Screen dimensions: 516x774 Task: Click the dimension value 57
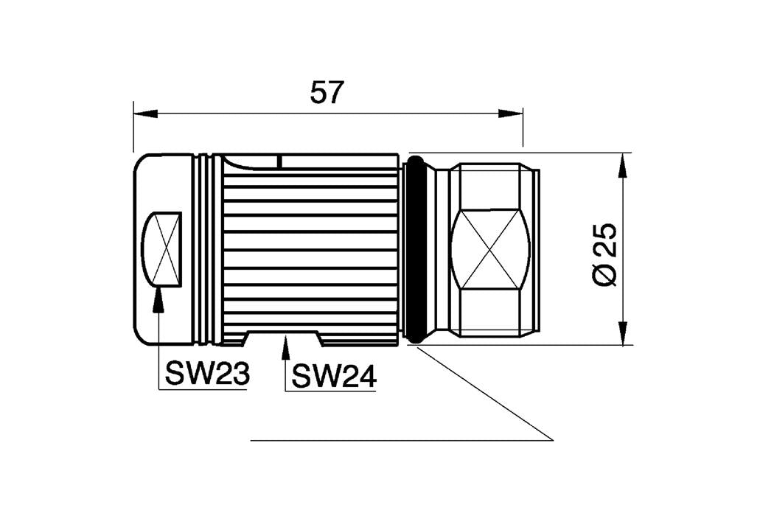point(327,93)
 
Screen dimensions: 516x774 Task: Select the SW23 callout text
point(207,374)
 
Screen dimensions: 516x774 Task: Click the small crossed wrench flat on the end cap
point(164,249)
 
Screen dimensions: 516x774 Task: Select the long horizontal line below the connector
point(402,440)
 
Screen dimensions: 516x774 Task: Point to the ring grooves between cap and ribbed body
point(207,249)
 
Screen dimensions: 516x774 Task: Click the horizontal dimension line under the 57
point(327,114)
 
